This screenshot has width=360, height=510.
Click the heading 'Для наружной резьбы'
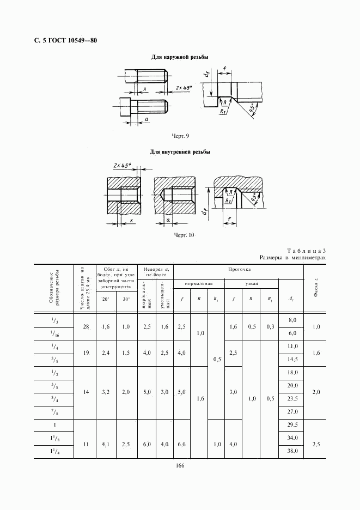coord(180,57)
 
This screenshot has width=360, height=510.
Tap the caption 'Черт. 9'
coord(180,136)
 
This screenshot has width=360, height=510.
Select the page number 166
coord(180,465)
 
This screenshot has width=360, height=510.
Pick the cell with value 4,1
coord(106,445)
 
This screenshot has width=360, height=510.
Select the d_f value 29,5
coord(292,425)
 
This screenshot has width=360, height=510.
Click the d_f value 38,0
coord(292,452)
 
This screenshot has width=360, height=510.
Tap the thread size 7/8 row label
coord(54,412)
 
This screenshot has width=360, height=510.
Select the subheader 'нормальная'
coord(198,284)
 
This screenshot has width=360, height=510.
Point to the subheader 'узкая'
coord(252,284)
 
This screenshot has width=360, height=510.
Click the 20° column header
coord(106,299)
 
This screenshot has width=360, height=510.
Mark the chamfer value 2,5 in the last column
coord(316,445)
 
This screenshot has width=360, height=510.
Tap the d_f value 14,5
coord(292,359)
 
